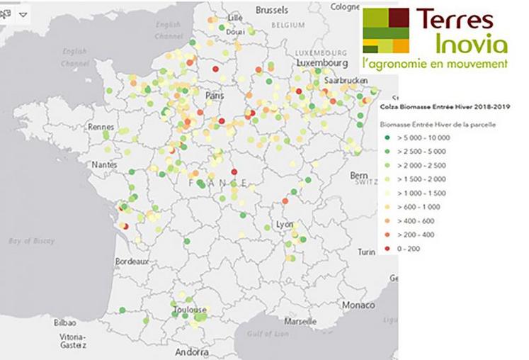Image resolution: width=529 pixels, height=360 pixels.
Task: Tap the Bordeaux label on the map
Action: [132, 261]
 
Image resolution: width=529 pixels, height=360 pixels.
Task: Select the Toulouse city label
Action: [189, 310]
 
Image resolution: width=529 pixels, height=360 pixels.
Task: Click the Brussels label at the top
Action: [271, 10]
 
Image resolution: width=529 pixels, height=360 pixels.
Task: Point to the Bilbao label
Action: [64, 322]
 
